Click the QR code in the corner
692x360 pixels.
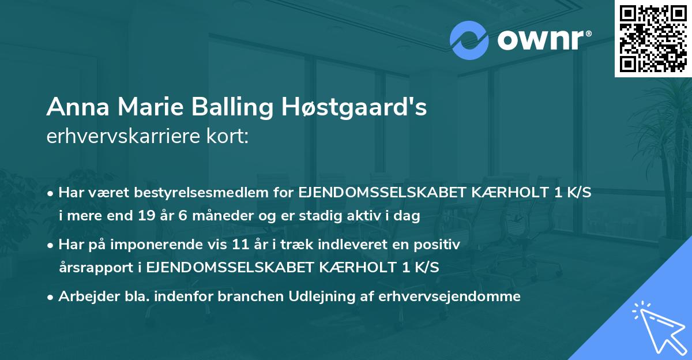coord(653,39)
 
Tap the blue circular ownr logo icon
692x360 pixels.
coord(469,40)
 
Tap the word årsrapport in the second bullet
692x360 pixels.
coord(100,267)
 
